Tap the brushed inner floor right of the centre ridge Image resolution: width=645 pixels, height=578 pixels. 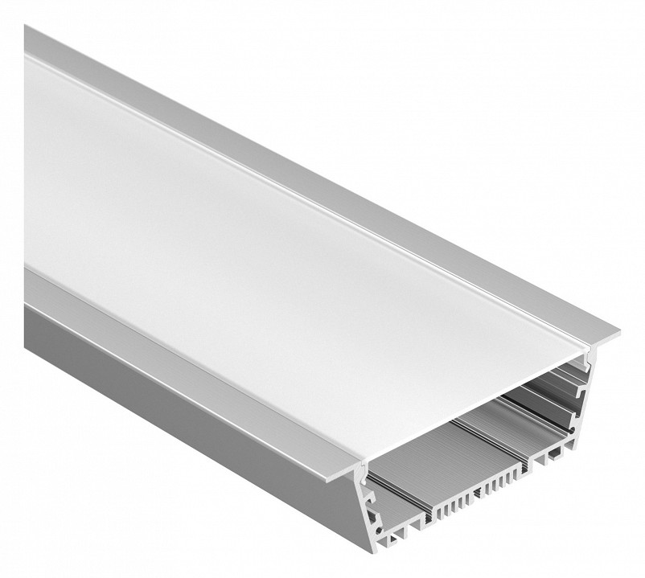pos(515,418)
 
